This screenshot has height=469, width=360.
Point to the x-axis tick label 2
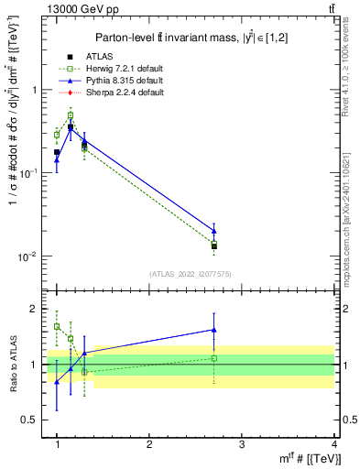pyautogui.click(x=149, y=444)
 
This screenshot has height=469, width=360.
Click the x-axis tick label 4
pyautogui.click(x=333, y=444)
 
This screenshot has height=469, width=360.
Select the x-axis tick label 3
pyautogui.click(x=242, y=444)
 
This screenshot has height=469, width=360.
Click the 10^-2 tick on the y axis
pyautogui.click(x=29, y=256)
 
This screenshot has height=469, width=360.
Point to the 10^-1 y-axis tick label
pyautogui.click(x=29, y=173)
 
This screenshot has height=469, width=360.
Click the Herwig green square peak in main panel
pyautogui.click(x=71, y=115)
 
